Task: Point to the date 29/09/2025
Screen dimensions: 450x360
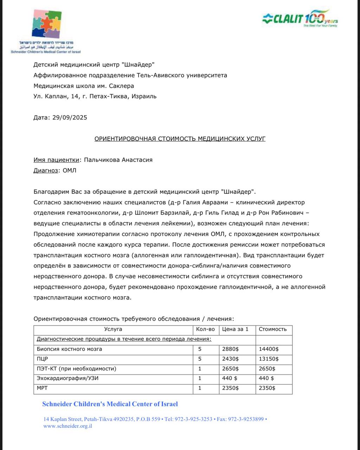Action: (70, 117)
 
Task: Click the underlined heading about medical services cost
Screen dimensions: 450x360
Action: (180, 139)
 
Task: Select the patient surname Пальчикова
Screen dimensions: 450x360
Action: (102, 160)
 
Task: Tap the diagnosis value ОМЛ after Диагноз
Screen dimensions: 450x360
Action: (69, 171)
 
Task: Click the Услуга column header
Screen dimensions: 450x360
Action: (113, 329)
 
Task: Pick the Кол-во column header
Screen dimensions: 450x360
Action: (205, 329)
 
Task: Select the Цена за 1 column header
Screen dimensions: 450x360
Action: (235, 329)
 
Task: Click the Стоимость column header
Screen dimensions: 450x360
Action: (272, 329)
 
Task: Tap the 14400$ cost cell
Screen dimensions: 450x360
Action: (269, 349)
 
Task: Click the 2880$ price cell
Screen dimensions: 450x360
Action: (230, 349)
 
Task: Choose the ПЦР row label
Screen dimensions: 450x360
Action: (42, 359)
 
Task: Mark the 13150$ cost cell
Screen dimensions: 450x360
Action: (269, 359)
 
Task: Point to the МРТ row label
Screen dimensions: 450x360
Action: (42, 388)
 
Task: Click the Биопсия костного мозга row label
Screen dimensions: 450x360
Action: (69, 349)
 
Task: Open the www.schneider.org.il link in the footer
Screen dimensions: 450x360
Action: (67, 426)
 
